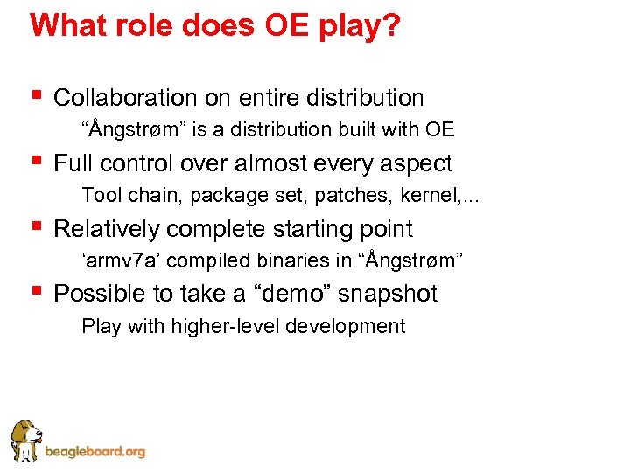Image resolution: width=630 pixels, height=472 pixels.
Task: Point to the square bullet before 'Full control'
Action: click(35, 161)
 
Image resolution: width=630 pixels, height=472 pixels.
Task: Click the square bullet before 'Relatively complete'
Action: click(35, 226)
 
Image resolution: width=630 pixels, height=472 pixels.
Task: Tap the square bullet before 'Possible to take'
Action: click(35, 291)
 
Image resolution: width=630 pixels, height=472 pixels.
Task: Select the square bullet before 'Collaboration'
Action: click(35, 95)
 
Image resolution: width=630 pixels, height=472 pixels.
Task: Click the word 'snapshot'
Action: click(388, 294)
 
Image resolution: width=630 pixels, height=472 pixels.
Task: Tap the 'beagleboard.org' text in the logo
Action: click(94, 452)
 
